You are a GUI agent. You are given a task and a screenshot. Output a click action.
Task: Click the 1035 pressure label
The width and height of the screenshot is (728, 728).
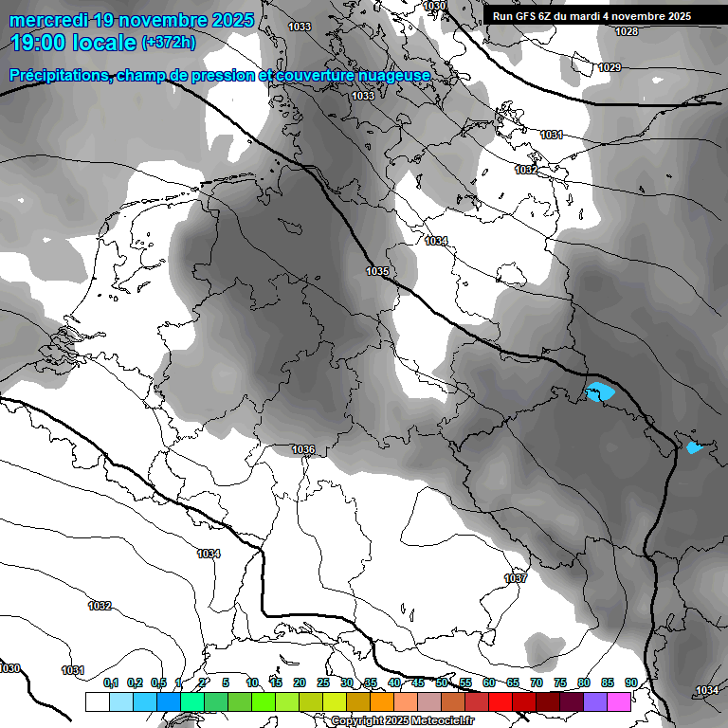click(377, 272)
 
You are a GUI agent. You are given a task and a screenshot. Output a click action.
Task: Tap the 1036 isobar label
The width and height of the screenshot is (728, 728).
click(303, 449)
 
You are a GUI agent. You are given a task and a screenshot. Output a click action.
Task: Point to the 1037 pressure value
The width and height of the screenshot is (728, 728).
click(516, 578)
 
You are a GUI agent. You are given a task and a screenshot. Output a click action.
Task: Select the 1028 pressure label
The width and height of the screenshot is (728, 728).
click(627, 32)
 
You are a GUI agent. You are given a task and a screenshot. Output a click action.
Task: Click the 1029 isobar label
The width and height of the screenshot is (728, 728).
click(610, 67)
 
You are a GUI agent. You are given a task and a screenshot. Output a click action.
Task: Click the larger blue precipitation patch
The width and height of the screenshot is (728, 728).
click(600, 391)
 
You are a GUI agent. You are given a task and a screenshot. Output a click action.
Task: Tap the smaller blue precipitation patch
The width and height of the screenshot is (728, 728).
click(694, 447)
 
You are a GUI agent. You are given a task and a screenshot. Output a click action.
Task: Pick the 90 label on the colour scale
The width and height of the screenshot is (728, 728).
click(630, 682)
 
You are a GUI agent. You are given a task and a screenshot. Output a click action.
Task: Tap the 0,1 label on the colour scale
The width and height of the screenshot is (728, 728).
click(111, 682)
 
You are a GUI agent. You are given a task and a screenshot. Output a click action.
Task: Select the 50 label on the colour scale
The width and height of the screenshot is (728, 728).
click(442, 682)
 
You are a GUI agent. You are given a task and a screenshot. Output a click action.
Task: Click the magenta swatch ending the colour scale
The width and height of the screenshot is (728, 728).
click(619, 701)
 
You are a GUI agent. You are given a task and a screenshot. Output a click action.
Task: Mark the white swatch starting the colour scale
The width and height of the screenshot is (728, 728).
click(97, 701)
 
